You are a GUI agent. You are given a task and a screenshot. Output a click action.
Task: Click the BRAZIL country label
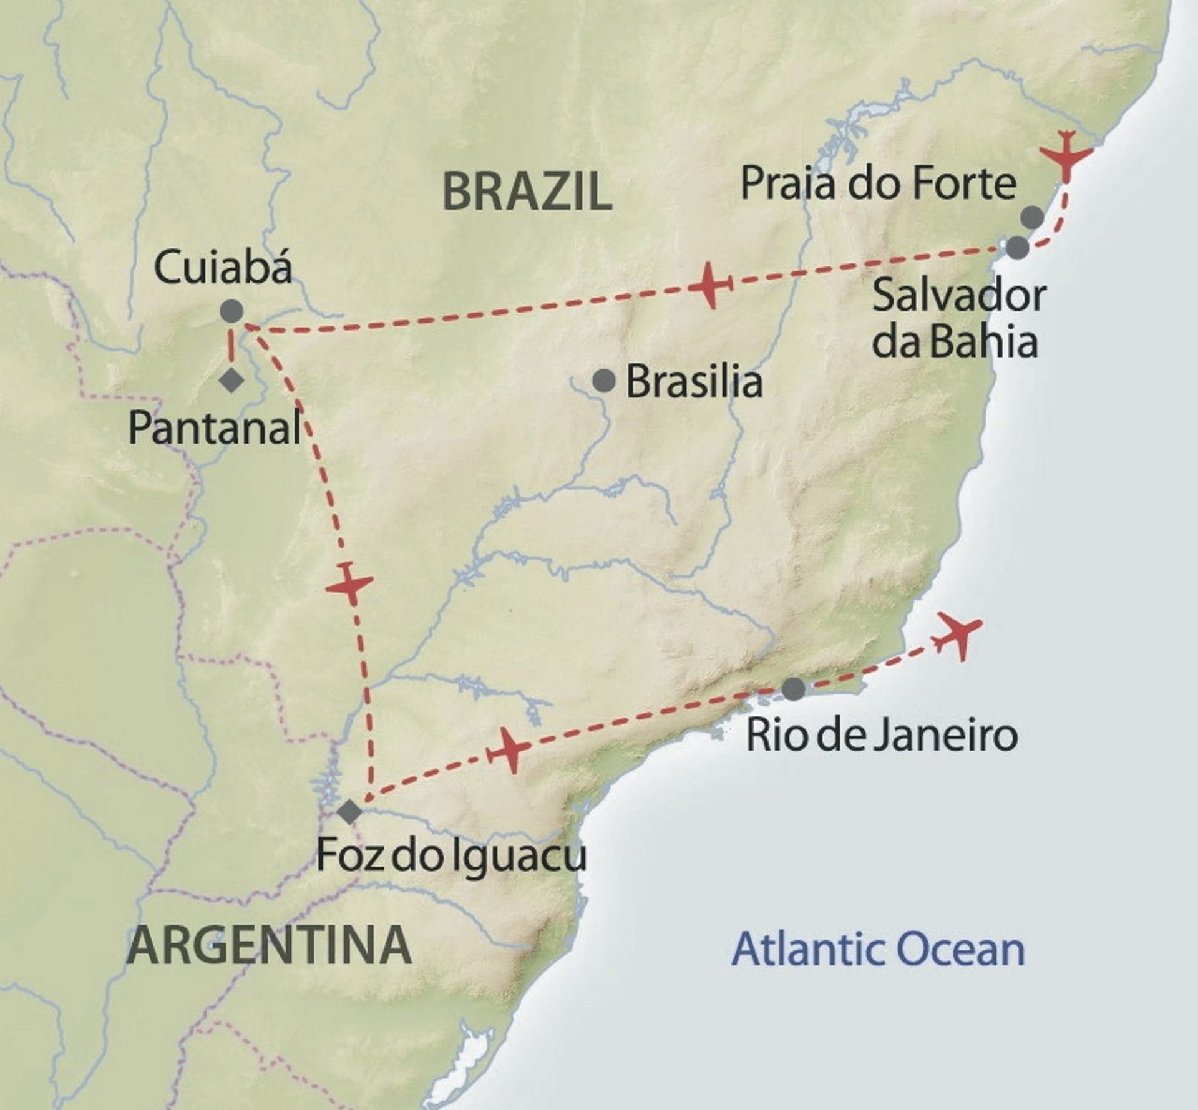point(527,192)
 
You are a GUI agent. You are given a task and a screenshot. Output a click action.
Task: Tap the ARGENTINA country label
point(269,945)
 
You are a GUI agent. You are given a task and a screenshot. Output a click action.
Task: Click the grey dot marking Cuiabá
point(231,311)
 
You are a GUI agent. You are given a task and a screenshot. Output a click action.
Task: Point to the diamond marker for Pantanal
point(231,380)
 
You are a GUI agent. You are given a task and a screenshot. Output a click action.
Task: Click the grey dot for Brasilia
point(603,380)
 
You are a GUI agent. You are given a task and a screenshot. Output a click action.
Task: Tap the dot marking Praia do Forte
point(1032,217)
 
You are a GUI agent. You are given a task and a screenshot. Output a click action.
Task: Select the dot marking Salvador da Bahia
point(1017,248)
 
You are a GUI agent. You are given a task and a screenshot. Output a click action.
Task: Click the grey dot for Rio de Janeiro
point(793,689)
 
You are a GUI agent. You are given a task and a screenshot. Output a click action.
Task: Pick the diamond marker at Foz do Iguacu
point(349,812)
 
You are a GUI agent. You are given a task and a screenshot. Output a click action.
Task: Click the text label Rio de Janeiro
point(882,736)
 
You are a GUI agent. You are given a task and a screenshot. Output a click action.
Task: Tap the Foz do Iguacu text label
point(451,855)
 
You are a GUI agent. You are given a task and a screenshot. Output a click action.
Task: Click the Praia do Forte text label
point(878,184)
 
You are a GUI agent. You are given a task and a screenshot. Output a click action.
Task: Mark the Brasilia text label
point(694,381)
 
